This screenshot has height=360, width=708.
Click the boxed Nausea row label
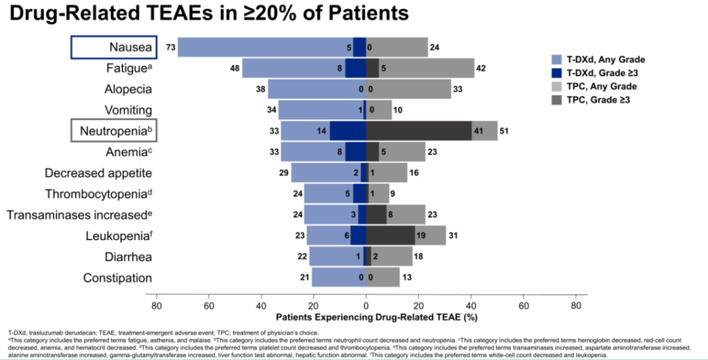tap(113, 47)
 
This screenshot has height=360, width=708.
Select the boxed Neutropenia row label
tap(113, 131)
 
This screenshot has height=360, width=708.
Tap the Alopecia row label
tap(128, 89)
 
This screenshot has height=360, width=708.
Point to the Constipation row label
tap(117, 278)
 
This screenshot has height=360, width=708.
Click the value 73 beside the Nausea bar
tap(170, 47)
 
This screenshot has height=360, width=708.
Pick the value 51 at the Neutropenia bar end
tap(504, 131)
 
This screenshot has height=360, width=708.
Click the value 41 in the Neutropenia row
tap(479, 131)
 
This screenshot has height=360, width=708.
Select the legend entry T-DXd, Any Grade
tap(606, 59)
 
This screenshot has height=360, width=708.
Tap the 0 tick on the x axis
tap(366, 305)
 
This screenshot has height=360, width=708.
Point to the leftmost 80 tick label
tap(156, 305)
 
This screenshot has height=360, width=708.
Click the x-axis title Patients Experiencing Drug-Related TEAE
tap(379, 317)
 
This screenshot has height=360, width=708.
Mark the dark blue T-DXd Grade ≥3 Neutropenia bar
tap(347, 131)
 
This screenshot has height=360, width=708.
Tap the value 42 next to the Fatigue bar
tap(481, 68)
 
